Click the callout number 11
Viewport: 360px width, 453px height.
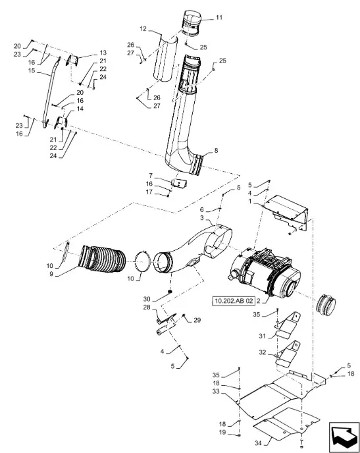pos(219,17)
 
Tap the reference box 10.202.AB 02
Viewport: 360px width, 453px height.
pos(234,301)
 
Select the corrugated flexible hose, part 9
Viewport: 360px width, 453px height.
pos(103,259)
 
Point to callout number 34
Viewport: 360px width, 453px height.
pos(259,442)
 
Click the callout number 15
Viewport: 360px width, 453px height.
pos(32,70)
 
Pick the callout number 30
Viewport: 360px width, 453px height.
pos(147,300)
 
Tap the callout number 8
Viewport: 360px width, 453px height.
pos(216,151)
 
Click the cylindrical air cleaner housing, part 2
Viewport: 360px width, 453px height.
pos(264,273)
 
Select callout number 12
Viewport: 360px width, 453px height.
pos(143,29)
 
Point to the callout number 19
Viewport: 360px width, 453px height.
pos(222,433)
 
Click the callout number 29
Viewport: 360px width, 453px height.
pos(197,320)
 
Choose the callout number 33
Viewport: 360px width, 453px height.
pos(216,391)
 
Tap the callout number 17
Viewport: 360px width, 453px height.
pos(149,192)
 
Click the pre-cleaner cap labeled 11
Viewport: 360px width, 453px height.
pos(191,22)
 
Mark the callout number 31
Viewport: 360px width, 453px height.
pos(262,336)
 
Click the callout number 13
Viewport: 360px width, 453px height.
pos(103,53)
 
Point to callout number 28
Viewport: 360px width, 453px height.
pos(147,307)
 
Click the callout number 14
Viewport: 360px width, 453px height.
pos(80,109)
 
